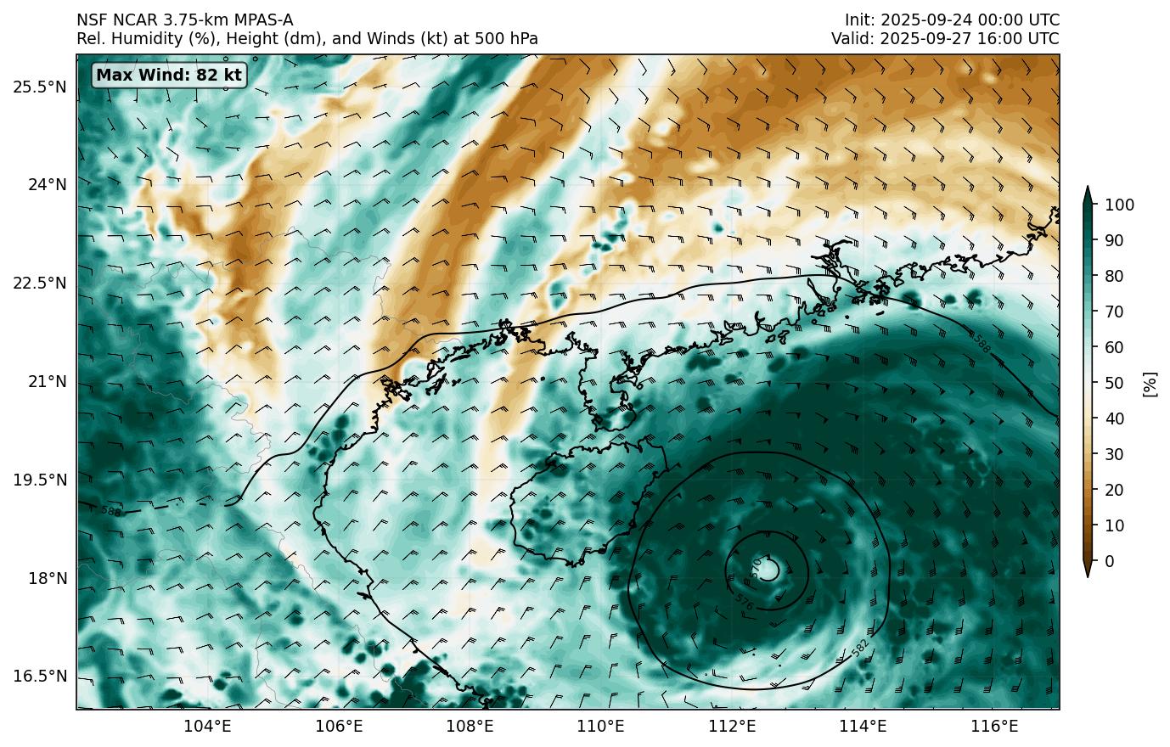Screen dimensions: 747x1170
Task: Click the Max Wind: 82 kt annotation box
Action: tap(168, 75)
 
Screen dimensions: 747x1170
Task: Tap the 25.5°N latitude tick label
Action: tap(39, 87)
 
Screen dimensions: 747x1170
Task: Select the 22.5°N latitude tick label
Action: tap(39, 283)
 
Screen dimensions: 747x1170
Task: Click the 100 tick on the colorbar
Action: tap(1119, 205)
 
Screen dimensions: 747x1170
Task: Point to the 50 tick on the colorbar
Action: tap(1116, 383)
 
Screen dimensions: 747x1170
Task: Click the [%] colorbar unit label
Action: tap(1150, 383)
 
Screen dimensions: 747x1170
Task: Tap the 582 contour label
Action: tap(860, 649)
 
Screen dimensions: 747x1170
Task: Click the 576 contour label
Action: tap(744, 601)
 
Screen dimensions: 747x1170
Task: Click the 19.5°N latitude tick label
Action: tap(39, 480)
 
